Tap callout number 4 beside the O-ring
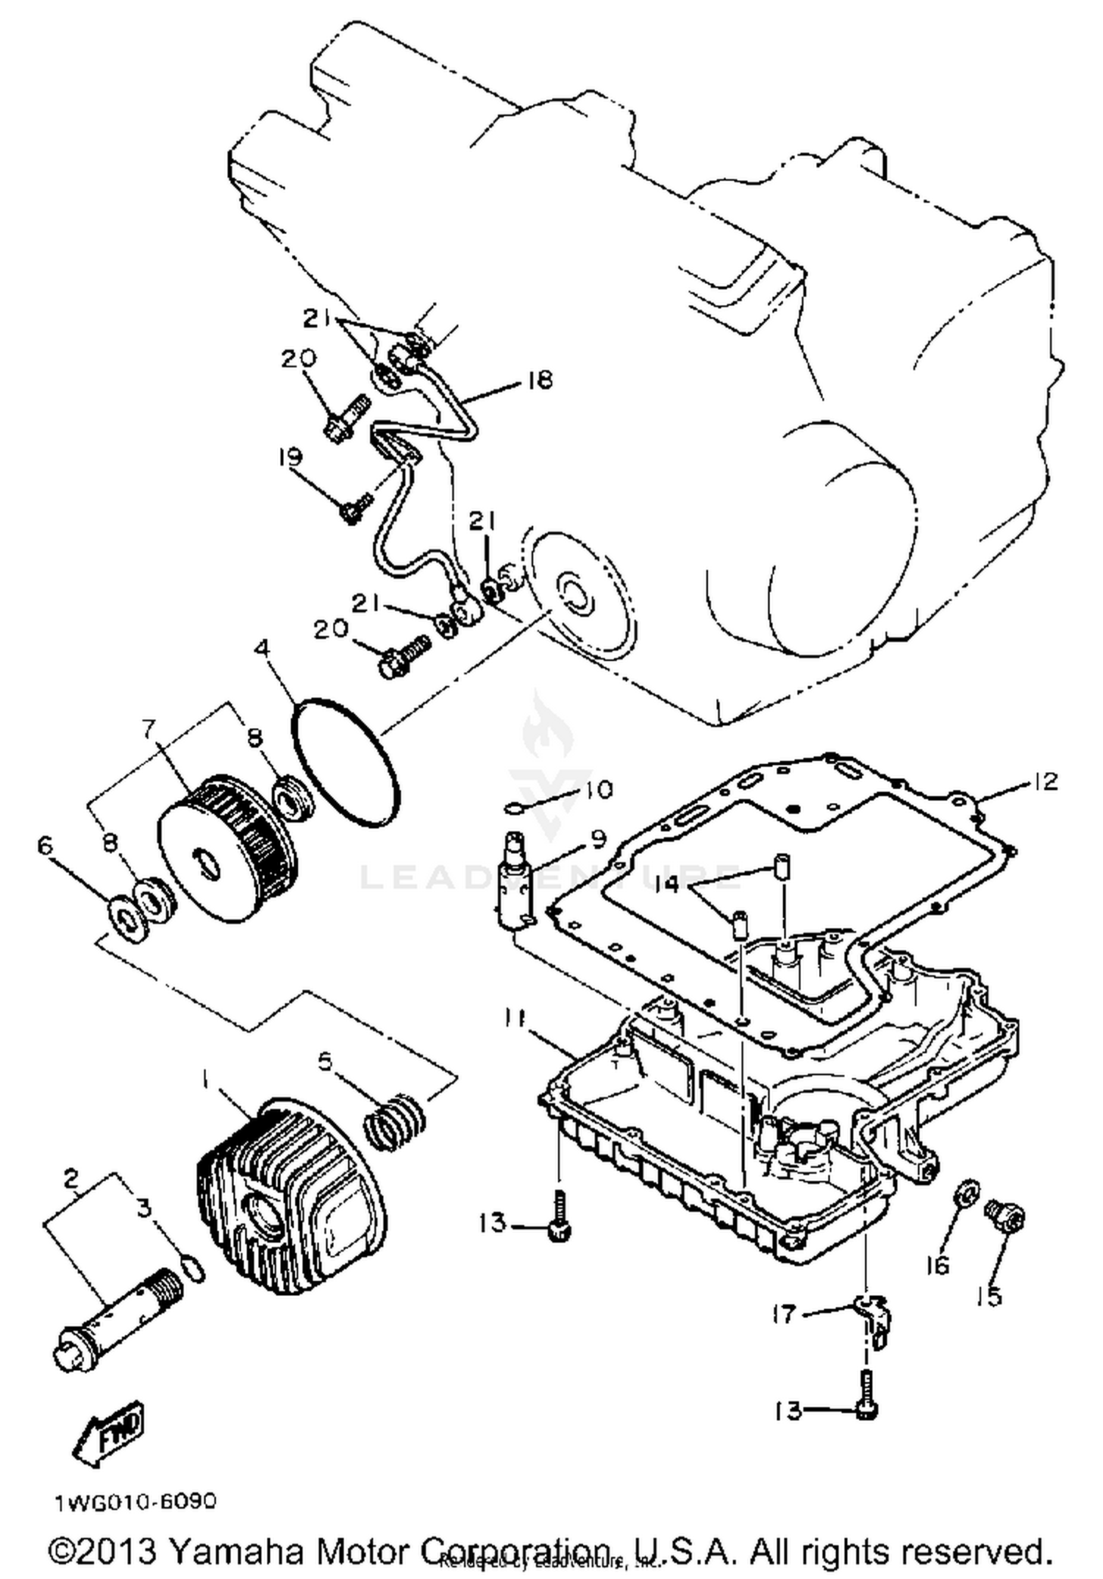tap(263, 650)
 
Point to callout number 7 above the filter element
tap(149, 729)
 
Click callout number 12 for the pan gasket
tap(1045, 781)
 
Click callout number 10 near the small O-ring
tap(599, 790)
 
